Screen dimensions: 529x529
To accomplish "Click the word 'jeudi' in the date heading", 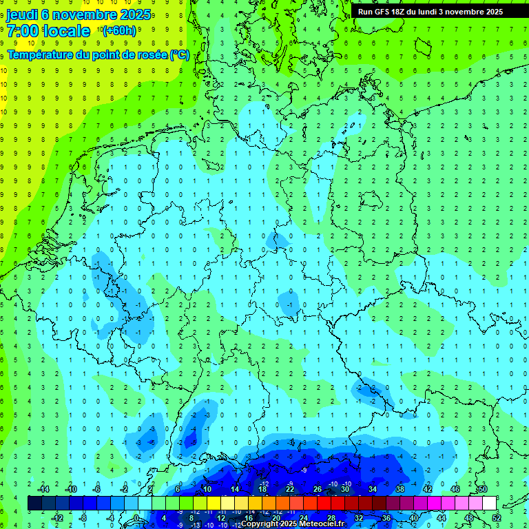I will point(24,14).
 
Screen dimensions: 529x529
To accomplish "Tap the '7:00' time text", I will point(23,31).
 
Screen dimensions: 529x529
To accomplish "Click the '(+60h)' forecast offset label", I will point(118,31).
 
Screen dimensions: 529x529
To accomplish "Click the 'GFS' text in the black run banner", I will point(385,12).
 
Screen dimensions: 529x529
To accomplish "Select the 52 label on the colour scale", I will point(497,517).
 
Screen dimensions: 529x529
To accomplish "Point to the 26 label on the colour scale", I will point(318,489).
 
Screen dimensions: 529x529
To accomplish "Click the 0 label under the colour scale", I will point(136,517).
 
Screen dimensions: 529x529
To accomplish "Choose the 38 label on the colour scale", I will point(400,489).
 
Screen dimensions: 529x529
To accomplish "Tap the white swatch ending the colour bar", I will point(490,504).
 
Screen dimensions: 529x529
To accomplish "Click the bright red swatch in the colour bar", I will point(324,504).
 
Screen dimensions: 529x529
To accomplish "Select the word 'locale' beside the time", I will point(66,31).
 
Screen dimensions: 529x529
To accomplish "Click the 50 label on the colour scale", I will point(483,489).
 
